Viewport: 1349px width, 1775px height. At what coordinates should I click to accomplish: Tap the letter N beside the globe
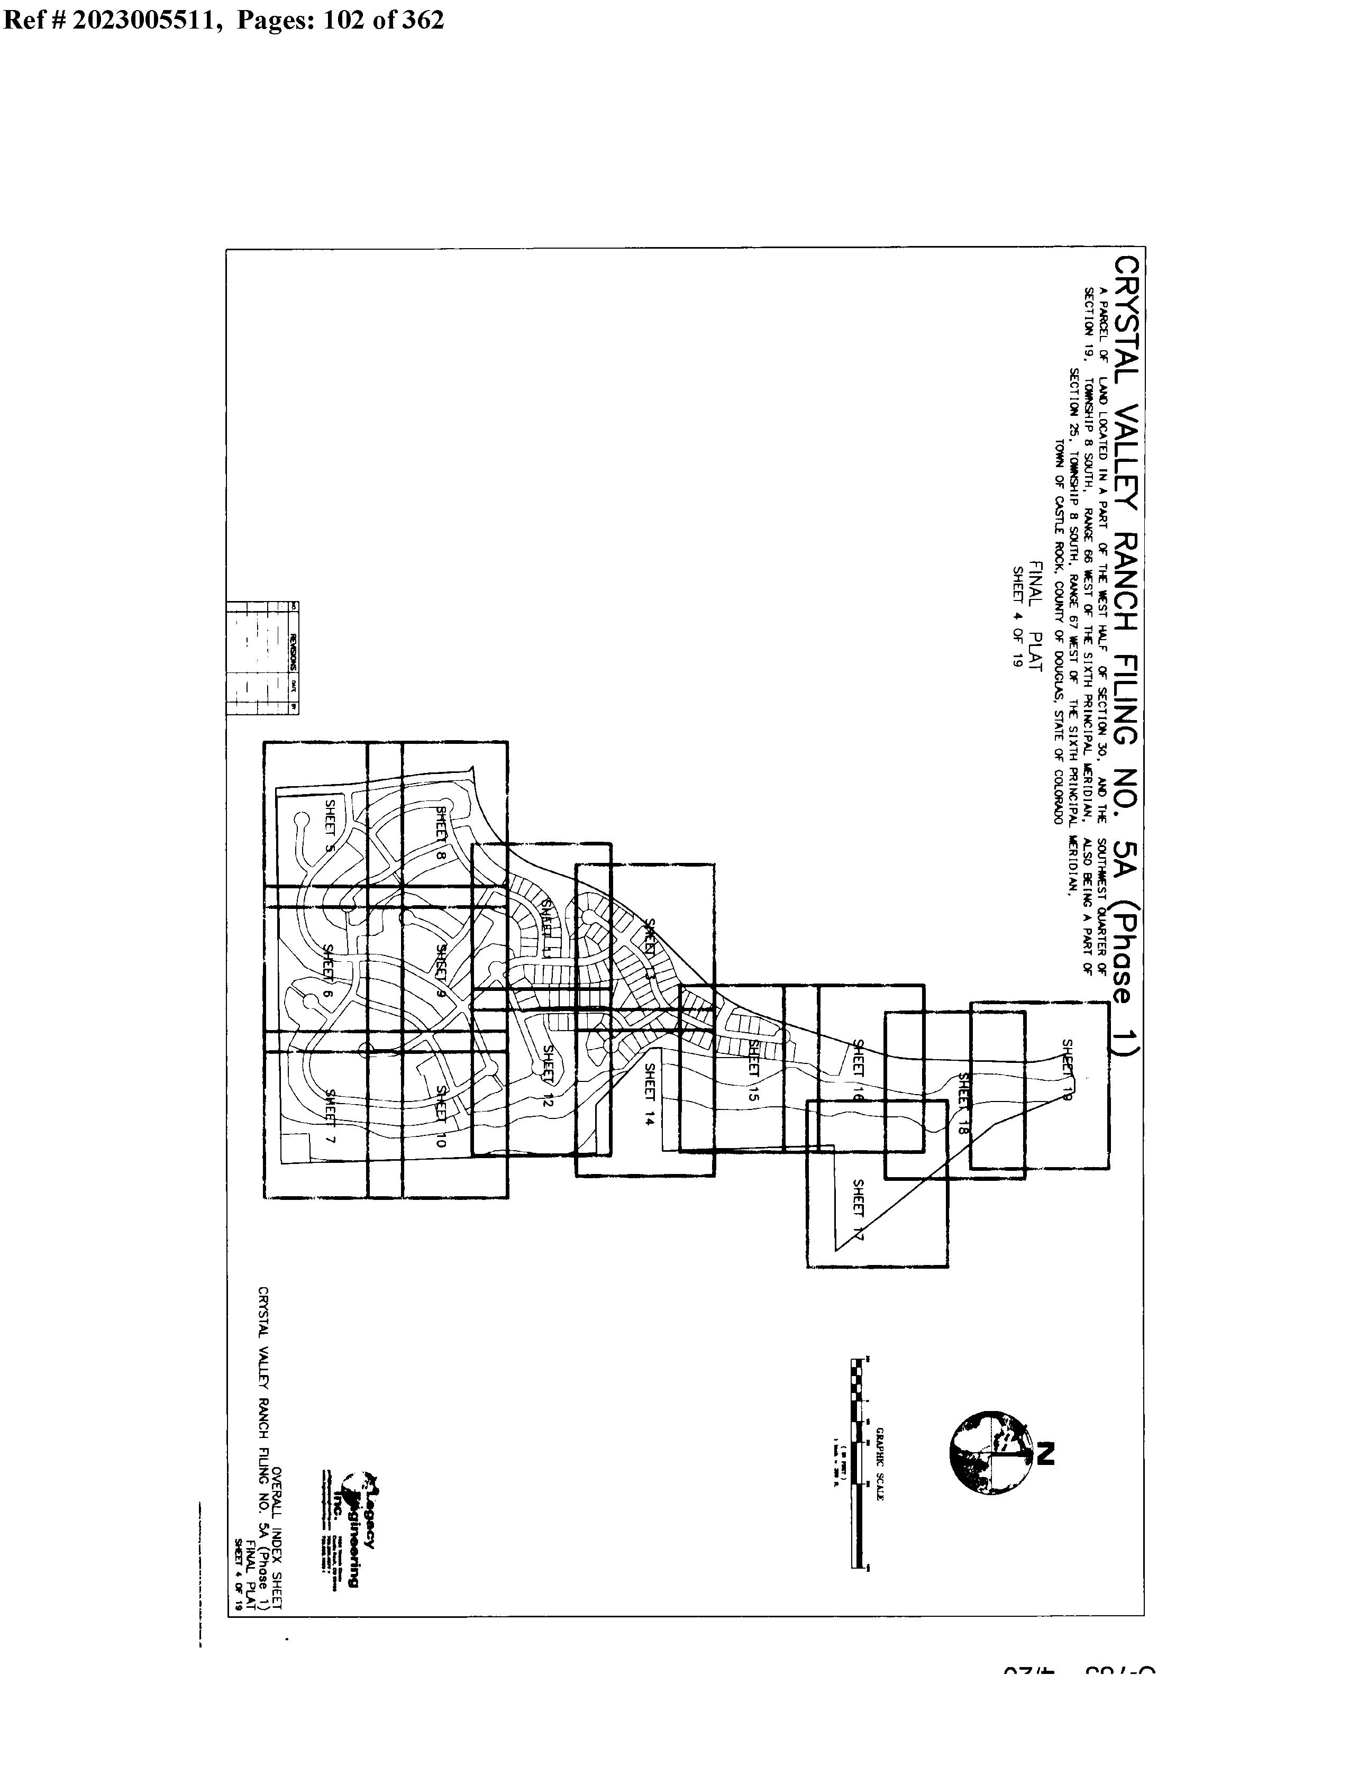(1044, 1454)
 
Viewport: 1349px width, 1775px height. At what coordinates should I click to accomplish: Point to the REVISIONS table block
(262, 658)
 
